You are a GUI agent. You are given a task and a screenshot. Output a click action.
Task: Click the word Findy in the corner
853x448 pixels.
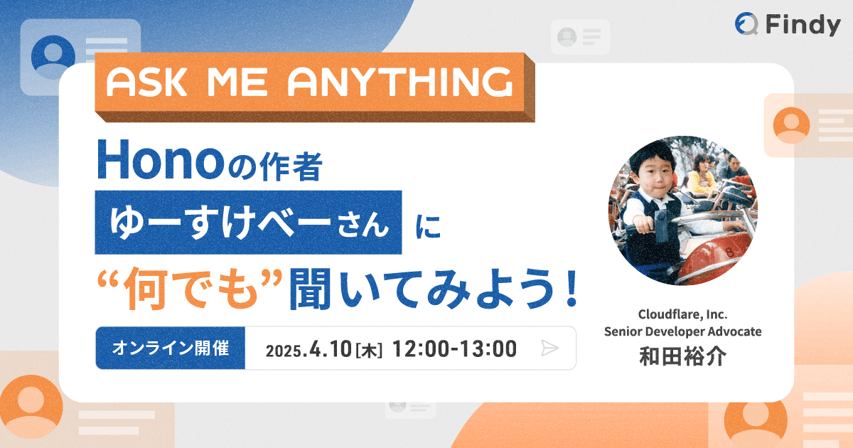pyautogui.click(x=803, y=25)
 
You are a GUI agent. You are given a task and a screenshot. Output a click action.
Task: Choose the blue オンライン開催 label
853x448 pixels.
pyautogui.click(x=171, y=348)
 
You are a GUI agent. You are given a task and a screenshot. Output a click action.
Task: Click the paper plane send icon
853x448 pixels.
pyautogui.click(x=549, y=348)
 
